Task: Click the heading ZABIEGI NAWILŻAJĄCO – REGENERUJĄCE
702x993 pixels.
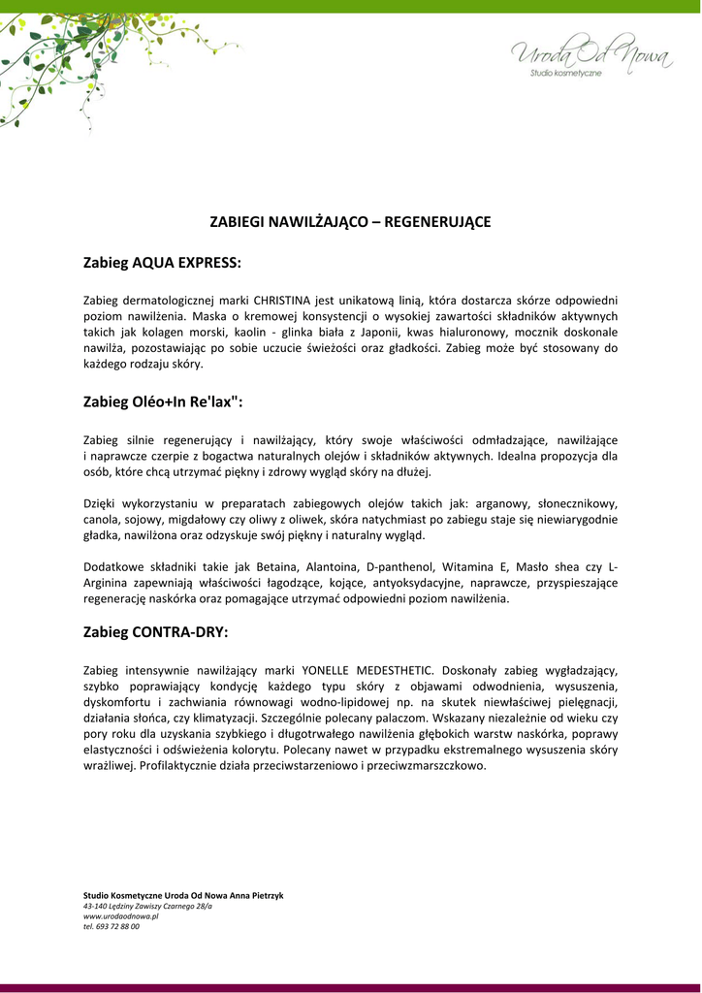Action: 351,222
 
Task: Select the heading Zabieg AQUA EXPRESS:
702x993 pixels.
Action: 162,263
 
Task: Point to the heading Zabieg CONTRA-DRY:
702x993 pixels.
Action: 156,632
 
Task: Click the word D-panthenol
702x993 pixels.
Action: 401,567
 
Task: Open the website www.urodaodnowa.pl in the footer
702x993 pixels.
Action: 120,916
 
